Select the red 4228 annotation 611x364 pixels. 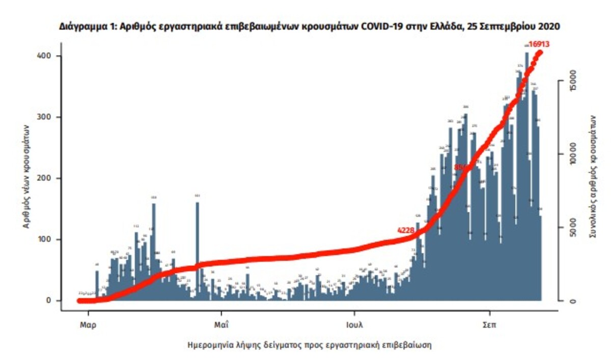(407, 230)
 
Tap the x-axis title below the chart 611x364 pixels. (310, 345)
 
